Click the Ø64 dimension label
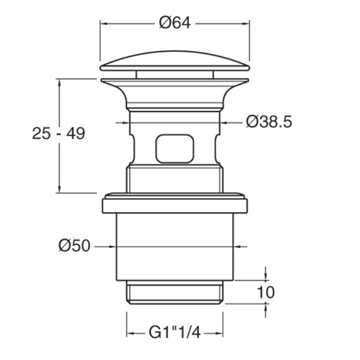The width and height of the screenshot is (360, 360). point(175,23)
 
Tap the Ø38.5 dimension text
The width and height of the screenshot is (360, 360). point(269,122)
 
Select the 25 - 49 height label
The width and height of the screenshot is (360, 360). point(59,133)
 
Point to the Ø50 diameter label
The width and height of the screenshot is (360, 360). point(74,246)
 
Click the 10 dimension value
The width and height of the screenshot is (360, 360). point(266,292)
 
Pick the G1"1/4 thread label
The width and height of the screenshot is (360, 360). point(175,332)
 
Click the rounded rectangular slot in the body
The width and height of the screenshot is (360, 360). point(175,149)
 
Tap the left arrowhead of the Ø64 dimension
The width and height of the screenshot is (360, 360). point(104,23)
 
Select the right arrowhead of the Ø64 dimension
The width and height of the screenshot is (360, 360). point(246,23)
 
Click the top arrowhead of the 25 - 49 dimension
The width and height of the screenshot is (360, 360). point(59,83)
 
